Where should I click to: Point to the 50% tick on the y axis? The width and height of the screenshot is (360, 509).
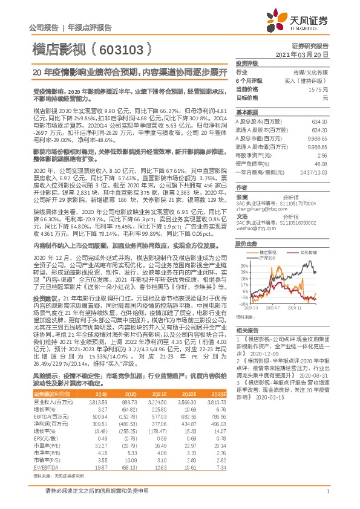[243, 265]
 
